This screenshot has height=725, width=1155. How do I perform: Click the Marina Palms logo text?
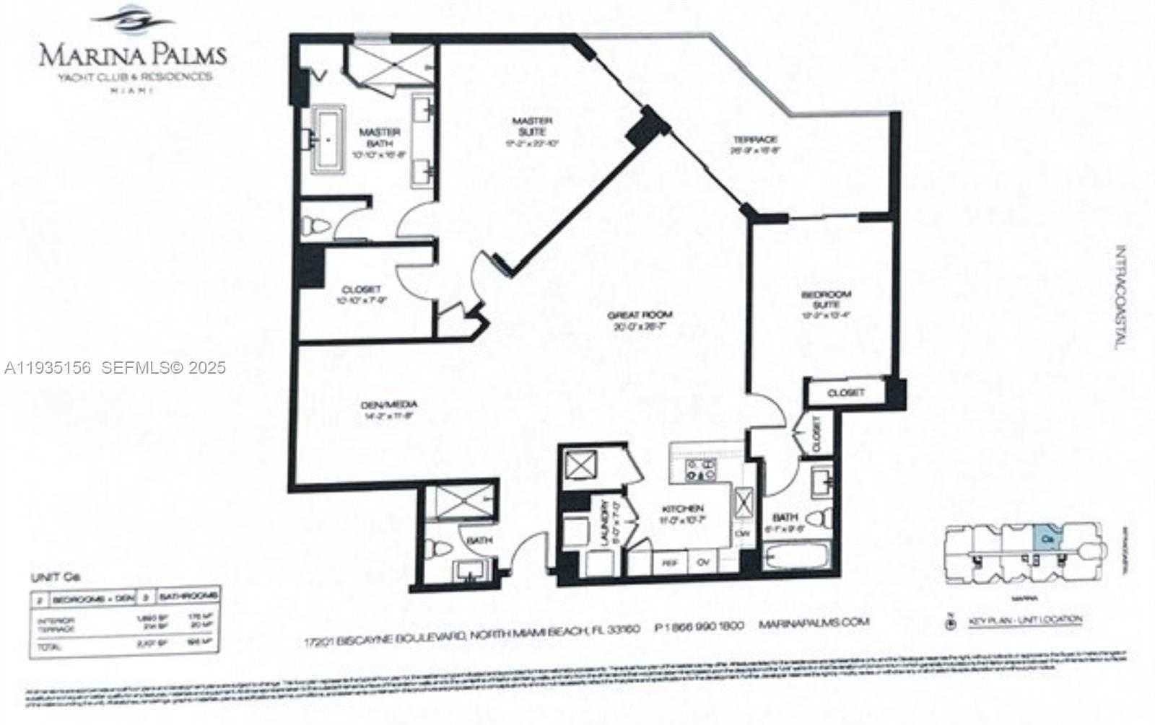tap(132, 55)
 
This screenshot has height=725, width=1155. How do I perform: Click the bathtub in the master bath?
tap(329, 141)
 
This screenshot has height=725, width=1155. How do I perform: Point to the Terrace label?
tap(754, 139)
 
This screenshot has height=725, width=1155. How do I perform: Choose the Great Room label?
tap(640, 315)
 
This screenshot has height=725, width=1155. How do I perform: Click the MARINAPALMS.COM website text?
tap(814, 623)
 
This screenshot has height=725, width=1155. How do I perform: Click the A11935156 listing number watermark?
tap(48, 368)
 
